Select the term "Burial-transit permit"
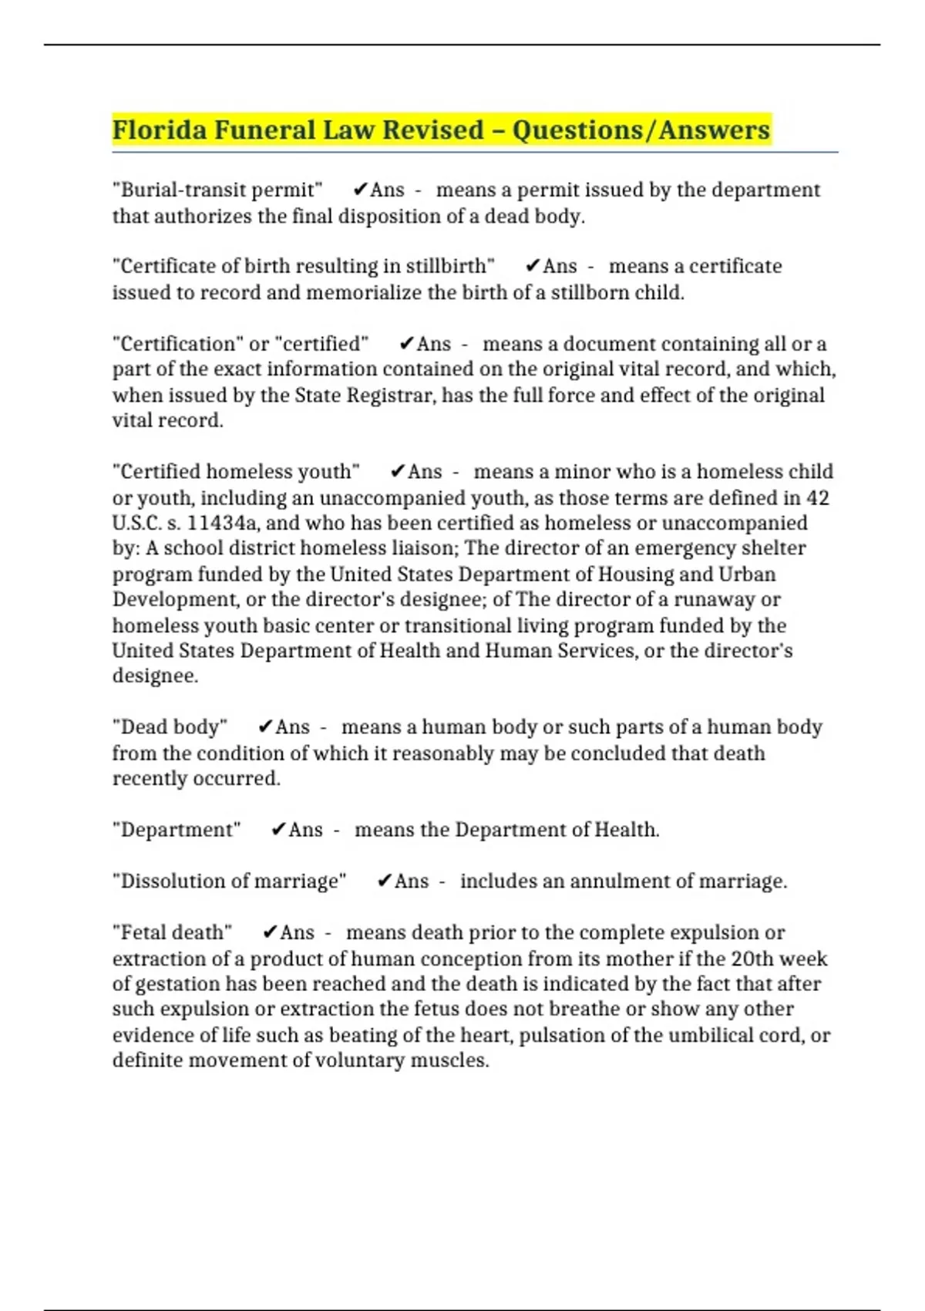[217, 190]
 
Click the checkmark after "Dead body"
[265, 727]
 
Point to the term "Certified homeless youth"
[236, 472]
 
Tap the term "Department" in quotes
[177, 830]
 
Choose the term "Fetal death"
[172, 932]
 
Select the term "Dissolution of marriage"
[230, 881]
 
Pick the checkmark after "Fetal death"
[270, 932]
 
